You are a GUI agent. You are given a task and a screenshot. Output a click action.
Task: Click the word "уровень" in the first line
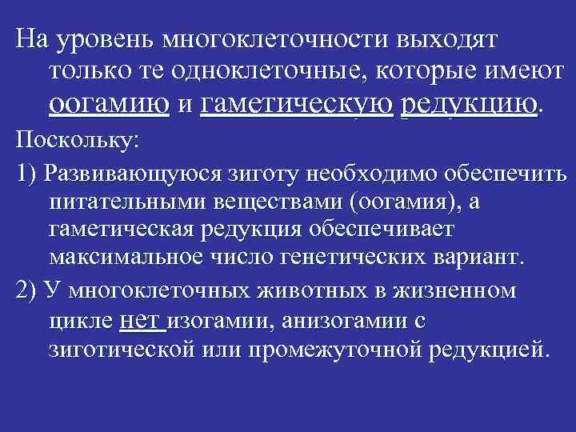[105, 38]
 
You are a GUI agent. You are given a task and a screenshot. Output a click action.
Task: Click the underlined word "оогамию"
[109, 104]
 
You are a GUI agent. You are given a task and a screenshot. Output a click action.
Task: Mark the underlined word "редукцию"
[468, 104]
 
